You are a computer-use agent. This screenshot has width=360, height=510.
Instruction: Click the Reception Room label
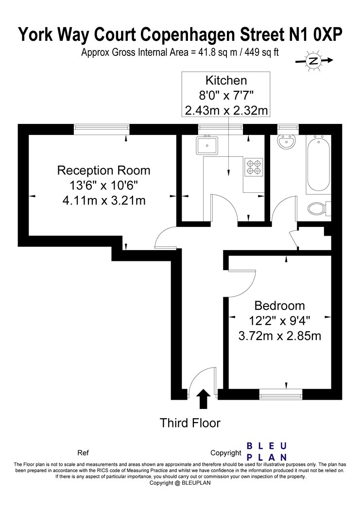pyautogui.click(x=104, y=170)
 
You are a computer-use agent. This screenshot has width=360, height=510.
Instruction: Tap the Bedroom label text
pyautogui.click(x=280, y=306)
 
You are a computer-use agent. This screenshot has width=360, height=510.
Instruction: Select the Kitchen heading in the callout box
pyautogui.click(x=226, y=80)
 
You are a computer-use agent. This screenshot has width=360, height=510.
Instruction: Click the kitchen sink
pyautogui.click(x=207, y=145)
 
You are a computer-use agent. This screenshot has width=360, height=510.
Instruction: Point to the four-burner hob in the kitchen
pyautogui.click(x=254, y=167)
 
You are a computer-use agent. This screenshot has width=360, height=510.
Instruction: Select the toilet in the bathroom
pyautogui.click(x=319, y=208)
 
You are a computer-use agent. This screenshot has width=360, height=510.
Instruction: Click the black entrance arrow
pyautogui.click(x=204, y=399)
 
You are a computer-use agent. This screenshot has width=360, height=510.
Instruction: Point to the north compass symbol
pyautogui.click(x=314, y=61)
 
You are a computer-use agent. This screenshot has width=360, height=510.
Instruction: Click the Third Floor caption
pyautogui.click(x=190, y=423)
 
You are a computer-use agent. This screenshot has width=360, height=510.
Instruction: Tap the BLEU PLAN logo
pyautogui.click(x=267, y=451)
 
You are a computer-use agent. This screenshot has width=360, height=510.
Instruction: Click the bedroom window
pyautogui.click(x=281, y=394)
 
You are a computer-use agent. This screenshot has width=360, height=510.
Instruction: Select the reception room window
pyautogui.click(x=102, y=130)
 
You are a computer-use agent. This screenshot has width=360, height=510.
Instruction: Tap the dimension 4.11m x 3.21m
pyautogui.click(x=104, y=200)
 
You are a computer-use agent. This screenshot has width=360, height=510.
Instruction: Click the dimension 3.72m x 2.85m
pyautogui.click(x=280, y=336)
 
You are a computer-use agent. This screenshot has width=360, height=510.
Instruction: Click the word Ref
pyautogui.click(x=83, y=453)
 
